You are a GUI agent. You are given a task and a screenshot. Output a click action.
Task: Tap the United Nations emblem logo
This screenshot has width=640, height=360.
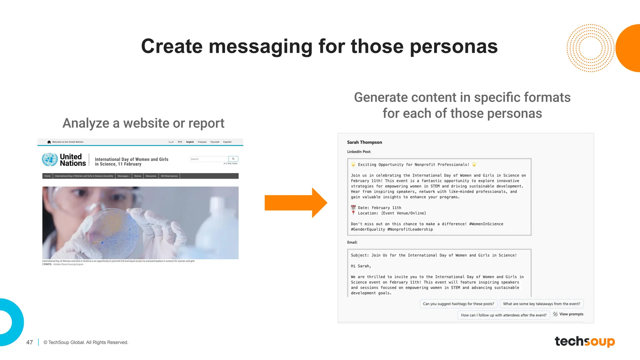[50, 159]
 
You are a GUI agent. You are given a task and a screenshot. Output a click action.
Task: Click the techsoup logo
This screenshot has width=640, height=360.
[584, 341]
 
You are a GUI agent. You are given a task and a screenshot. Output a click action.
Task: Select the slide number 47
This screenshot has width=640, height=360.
[29, 342]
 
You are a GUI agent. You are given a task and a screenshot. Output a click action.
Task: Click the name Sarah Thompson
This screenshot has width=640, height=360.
[364, 142]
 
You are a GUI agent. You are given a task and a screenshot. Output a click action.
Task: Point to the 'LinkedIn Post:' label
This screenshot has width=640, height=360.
[359, 152]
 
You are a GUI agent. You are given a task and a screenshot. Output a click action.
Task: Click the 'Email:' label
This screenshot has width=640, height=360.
[352, 242]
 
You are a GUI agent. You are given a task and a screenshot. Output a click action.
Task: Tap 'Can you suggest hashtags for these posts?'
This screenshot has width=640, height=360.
[458, 304]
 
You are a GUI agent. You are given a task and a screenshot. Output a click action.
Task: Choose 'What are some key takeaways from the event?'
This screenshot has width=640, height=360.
[541, 304]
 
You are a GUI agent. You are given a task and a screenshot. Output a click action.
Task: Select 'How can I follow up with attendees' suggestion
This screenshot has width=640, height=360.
[503, 315]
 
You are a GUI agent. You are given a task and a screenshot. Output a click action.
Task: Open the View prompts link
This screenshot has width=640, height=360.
[571, 314]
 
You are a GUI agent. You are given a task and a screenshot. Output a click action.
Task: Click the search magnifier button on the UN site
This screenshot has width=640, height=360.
[233, 159]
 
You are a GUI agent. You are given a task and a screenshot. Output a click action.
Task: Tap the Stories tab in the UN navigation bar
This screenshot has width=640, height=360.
[137, 176]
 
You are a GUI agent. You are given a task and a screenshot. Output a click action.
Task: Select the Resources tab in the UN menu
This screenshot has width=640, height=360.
[151, 176]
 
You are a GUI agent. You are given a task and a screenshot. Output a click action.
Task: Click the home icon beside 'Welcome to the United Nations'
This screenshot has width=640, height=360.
[49, 142]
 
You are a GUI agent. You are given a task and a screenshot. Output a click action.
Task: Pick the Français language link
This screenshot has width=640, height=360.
[202, 142]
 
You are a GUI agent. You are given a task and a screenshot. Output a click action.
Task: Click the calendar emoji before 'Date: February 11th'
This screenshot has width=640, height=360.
[353, 207]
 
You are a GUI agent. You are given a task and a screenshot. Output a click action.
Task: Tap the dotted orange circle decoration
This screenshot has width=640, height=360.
[590, 48]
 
